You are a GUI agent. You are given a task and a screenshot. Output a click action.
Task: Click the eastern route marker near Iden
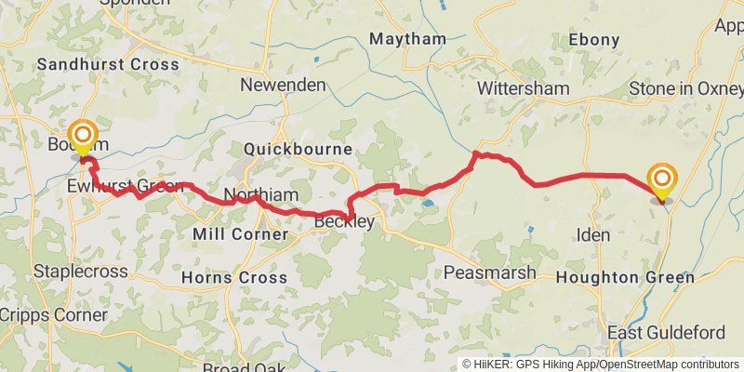click(x=662, y=179)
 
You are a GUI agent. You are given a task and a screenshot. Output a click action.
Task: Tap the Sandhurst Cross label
click(x=107, y=64)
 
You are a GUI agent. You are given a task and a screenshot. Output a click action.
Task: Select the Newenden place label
click(x=283, y=85)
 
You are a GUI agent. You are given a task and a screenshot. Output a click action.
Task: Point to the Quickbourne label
click(x=298, y=149)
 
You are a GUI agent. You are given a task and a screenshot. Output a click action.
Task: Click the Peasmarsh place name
click(x=489, y=272)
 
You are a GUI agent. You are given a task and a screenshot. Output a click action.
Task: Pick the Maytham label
click(x=407, y=39)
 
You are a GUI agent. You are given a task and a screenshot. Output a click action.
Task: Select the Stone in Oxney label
click(x=685, y=88)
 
